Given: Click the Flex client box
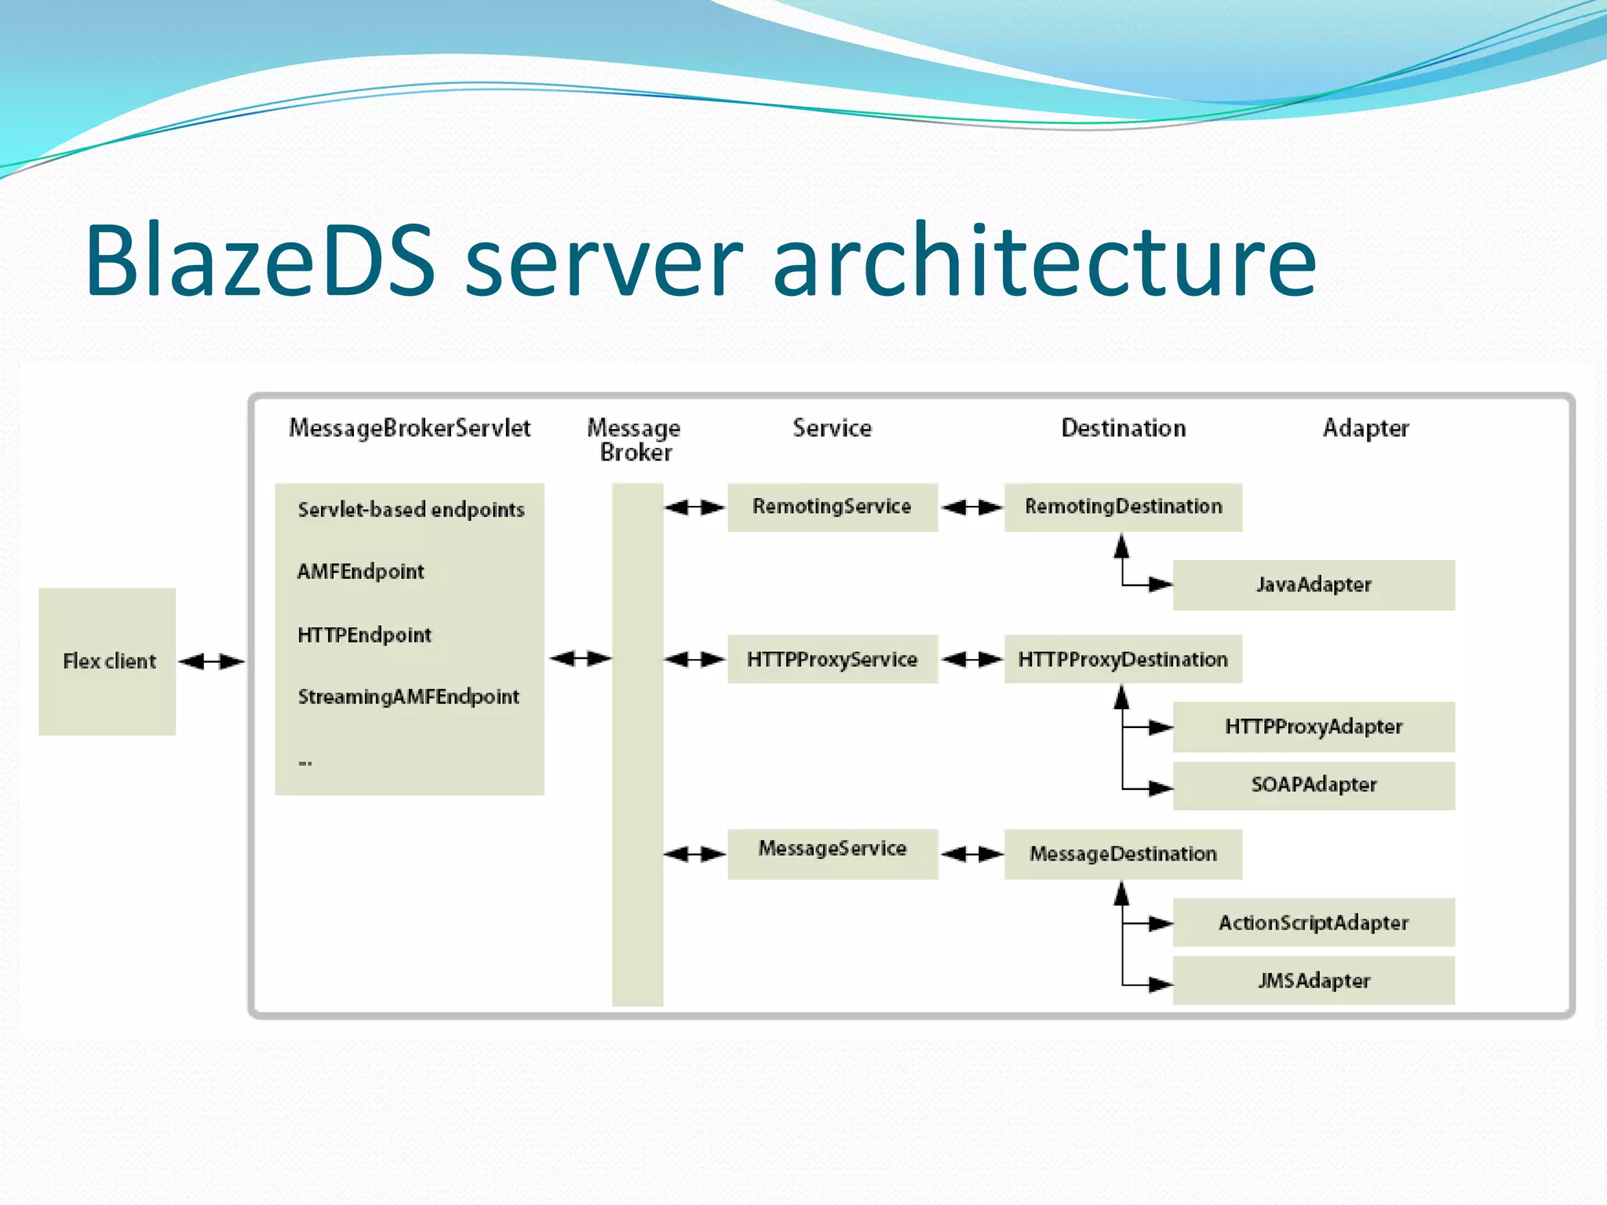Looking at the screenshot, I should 107,661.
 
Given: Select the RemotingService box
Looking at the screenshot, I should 833,508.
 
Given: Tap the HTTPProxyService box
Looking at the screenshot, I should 833,659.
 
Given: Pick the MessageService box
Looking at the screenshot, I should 833,854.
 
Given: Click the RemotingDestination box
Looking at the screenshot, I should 1123,508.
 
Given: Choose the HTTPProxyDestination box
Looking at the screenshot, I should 1123,659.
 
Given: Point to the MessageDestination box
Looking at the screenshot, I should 1123,854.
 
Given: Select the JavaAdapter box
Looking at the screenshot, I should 1314,585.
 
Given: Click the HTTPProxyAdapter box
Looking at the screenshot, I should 1314,727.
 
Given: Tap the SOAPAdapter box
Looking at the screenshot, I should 1314,785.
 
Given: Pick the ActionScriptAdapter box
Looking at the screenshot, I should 1314,923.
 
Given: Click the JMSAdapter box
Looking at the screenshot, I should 1314,981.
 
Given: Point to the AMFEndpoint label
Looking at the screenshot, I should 360,572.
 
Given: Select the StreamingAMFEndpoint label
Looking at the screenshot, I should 408,697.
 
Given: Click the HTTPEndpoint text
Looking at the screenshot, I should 364,635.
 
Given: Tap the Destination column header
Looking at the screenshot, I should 1123,428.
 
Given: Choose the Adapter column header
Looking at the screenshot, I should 1365,428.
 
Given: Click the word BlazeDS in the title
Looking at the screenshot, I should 259,260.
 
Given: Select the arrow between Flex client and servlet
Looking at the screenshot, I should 212,662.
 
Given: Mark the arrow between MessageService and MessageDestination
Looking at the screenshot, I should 971,854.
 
